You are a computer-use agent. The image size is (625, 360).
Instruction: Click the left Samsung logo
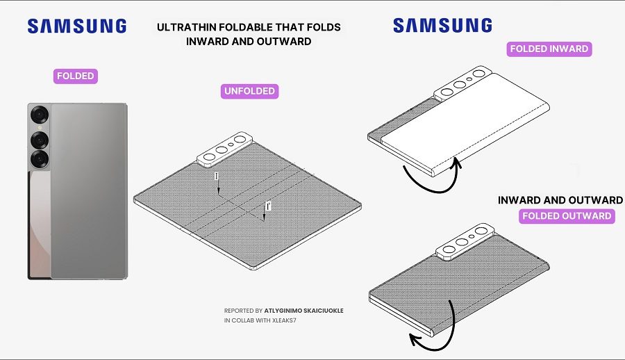tap(77, 26)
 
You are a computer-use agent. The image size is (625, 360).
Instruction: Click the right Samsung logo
tap(442, 25)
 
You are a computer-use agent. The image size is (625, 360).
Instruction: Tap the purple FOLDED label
tap(75, 76)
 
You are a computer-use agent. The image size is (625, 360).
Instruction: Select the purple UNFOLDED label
tap(249, 91)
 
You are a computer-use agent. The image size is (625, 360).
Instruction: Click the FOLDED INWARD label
tap(549, 49)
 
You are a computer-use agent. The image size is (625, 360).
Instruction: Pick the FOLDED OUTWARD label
tap(567, 216)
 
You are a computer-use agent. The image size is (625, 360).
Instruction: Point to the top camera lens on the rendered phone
tap(40, 115)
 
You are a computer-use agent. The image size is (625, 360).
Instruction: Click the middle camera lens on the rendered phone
tap(40, 140)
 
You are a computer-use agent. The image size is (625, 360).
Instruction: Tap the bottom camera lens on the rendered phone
tap(40, 159)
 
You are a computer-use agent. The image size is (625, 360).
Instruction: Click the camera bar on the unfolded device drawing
tap(225, 149)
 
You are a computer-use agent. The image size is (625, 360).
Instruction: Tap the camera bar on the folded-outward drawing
tap(465, 241)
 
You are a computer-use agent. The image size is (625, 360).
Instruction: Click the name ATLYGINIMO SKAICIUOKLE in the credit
tap(303, 311)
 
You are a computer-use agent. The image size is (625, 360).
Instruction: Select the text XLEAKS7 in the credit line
tap(284, 320)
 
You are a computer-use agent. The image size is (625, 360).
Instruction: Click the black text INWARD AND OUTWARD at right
tap(560, 200)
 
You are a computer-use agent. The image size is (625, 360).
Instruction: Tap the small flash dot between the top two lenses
tap(40, 128)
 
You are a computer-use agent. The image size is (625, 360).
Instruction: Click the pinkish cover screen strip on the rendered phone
tap(40, 224)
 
